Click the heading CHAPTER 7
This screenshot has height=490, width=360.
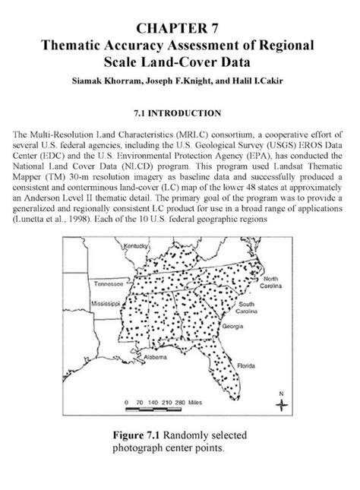(x=180, y=30)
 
